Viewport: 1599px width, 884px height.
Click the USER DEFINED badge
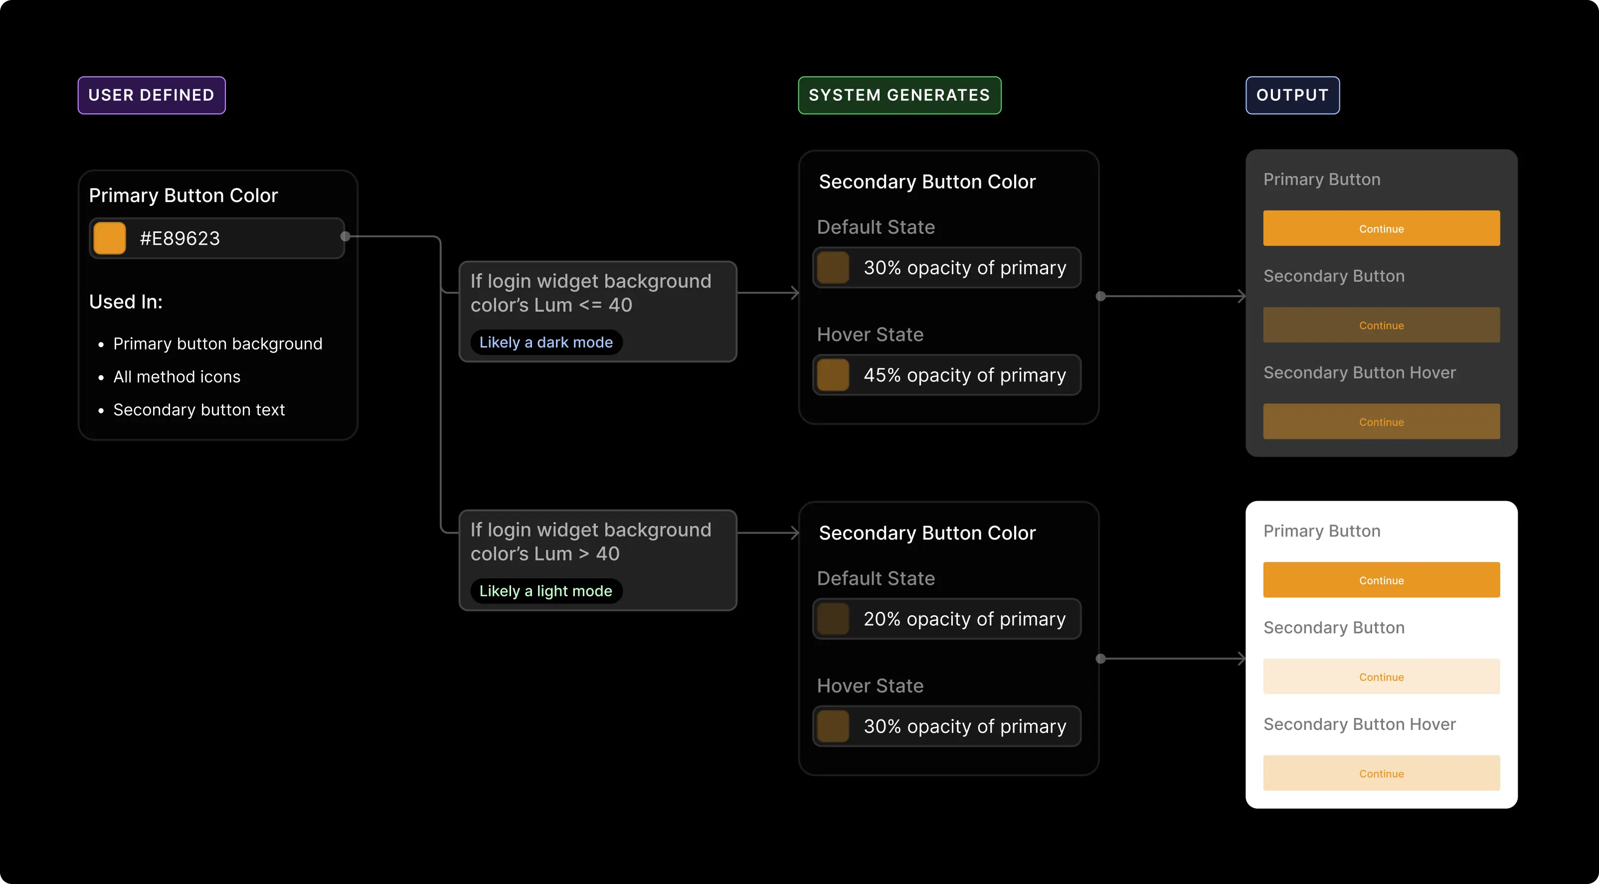[152, 95]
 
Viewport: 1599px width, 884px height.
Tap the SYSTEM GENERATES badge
[899, 95]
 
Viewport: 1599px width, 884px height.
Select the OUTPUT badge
[1292, 95]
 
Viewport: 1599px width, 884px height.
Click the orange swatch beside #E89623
[109, 238]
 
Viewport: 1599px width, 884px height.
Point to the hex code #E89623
[180, 238]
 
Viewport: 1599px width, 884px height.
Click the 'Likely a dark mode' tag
[545, 342]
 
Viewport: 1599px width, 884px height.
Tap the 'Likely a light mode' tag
[545, 591]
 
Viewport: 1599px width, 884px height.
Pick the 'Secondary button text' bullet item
[198, 410]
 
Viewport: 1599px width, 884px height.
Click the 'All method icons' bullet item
[177, 377]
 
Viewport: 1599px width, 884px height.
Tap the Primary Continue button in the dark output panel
[1381, 228]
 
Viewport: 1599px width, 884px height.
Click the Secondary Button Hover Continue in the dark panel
[1381, 421]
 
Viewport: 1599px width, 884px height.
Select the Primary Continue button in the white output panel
[1381, 580]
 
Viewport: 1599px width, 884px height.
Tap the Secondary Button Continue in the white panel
[1381, 677]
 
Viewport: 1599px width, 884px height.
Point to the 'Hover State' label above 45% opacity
[870, 335]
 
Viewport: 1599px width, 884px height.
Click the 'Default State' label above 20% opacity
[875, 578]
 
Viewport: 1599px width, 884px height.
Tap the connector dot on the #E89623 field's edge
[346, 236]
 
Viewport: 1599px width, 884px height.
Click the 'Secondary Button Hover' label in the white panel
[1359, 724]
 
